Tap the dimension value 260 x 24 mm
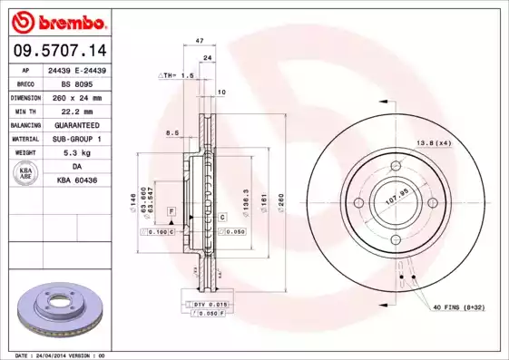tap(75, 96)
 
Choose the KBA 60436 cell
tap(75, 181)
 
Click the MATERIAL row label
tap(25, 139)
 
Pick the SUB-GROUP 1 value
tap(75, 139)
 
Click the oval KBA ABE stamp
tap(25, 174)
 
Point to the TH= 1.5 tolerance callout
tap(178, 75)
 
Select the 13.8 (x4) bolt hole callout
tap(433, 142)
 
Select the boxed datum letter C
tap(220, 219)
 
